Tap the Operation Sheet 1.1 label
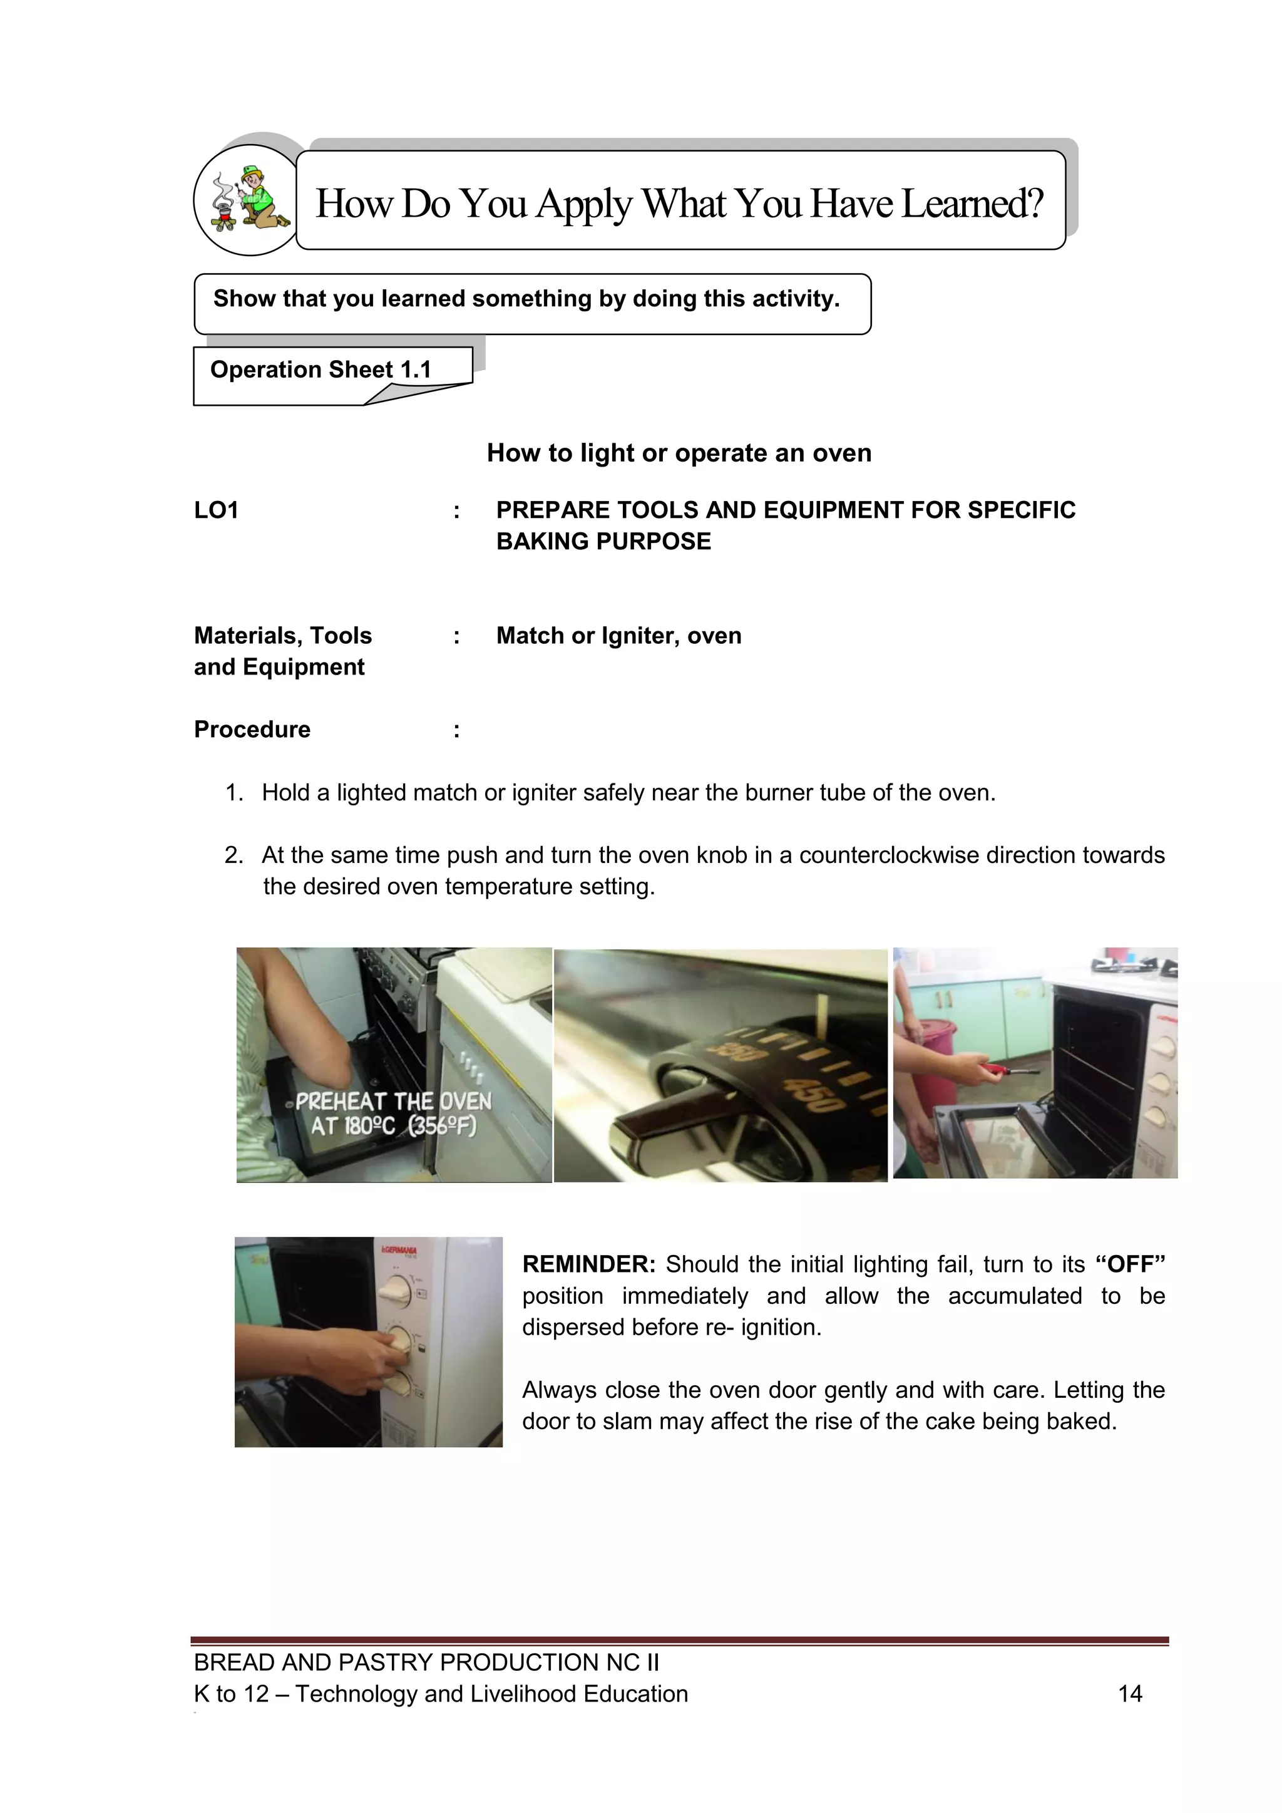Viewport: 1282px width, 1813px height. click(x=320, y=369)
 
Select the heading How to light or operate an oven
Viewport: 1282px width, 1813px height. click(x=679, y=453)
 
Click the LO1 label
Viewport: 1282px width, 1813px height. click(x=217, y=510)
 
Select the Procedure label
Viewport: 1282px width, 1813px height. click(x=253, y=730)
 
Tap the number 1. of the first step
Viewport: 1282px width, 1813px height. click(x=235, y=793)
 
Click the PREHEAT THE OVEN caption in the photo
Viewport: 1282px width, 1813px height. click(x=392, y=1102)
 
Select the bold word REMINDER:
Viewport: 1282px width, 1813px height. click(x=589, y=1265)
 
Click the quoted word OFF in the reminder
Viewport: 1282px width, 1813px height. click(x=1131, y=1265)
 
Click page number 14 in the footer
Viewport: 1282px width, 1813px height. click(x=1130, y=1694)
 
